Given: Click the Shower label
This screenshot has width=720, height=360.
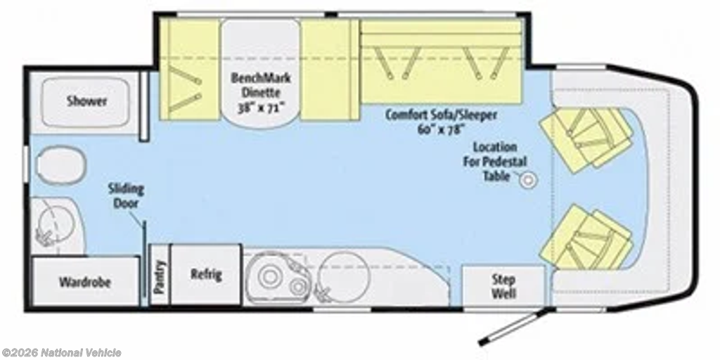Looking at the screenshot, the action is coord(86,101).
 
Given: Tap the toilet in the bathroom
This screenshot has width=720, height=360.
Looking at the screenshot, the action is coord(62,166).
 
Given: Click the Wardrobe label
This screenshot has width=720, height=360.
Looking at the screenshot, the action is coord(84,281).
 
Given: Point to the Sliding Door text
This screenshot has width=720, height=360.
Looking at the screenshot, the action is coord(126,195).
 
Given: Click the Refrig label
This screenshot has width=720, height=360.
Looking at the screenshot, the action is coord(206,275).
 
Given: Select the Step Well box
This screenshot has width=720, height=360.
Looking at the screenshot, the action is coord(503,285).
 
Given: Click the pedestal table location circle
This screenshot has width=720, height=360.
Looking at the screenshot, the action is coord(528,180).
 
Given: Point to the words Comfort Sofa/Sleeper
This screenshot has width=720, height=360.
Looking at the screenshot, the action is coord(441,115).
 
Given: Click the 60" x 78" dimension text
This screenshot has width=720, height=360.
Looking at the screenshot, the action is coord(442,129).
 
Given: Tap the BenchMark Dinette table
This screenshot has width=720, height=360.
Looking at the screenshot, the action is coord(261,73).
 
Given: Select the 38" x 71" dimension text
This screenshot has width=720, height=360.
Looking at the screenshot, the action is coord(261,108).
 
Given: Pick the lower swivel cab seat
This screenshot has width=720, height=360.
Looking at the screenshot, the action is coord(587,238).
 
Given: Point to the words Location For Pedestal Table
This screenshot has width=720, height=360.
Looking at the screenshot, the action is coord(495,161).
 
